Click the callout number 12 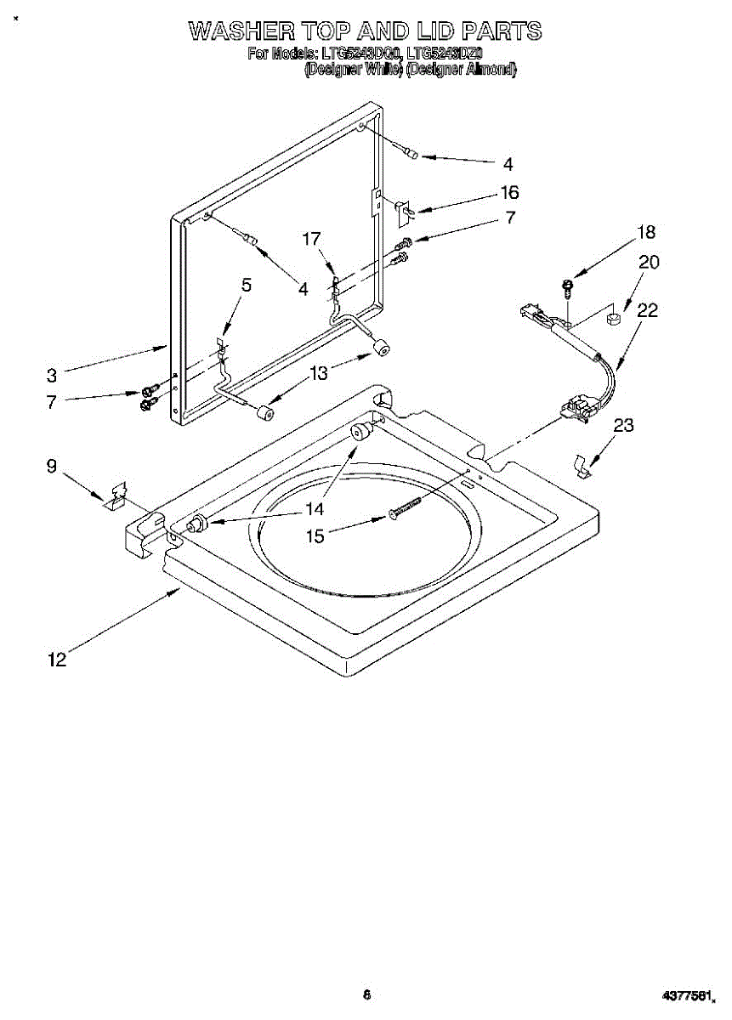tap(57, 659)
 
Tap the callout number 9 tap(52, 466)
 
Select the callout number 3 tap(52, 374)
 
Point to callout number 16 tap(509, 193)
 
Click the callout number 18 tap(647, 232)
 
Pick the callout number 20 tap(648, 263)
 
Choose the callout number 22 tap(647, 311)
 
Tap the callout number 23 tap(623, 426)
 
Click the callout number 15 tap(315, 537)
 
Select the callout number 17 tap(312, 240)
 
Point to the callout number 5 tap(247, 286)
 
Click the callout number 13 tap(319, 372)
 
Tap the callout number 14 tap(315, 509)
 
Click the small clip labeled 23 tap(583, 466)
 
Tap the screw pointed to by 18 tap(567, 286)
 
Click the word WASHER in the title tap(241, 31)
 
